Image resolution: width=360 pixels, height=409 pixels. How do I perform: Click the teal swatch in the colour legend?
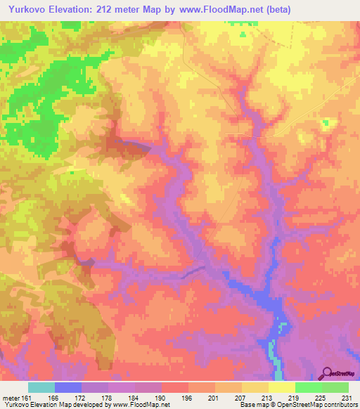[x=41, y=387]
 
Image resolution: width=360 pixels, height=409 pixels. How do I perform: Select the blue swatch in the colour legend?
[x=68, y=387]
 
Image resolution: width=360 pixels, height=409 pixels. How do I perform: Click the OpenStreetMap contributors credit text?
[x=309, y=405]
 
